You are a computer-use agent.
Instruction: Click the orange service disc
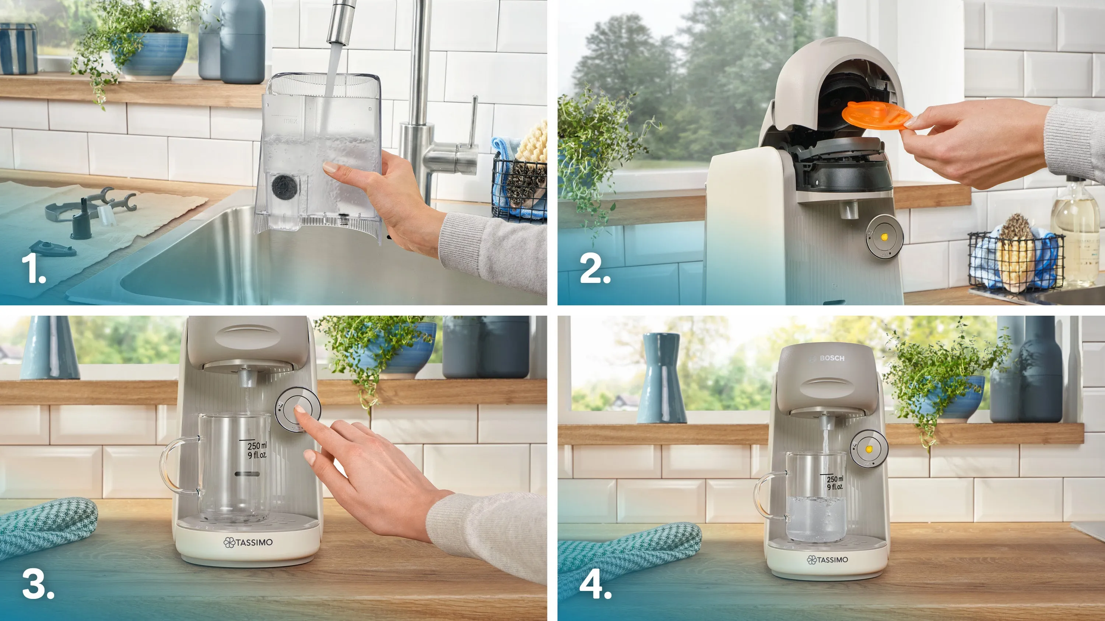[876, 115]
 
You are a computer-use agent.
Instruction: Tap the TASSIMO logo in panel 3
[248, 542]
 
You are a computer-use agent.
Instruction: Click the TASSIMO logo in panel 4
[827, 560]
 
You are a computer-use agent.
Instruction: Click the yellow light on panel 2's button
[884, 237]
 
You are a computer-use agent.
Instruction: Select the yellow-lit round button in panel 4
[869, 449]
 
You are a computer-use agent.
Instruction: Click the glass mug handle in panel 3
[176, 465]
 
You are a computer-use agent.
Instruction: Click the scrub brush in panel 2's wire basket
[1016, 253]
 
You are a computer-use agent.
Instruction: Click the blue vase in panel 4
[661, 377]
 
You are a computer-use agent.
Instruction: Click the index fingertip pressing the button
[299, 409]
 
